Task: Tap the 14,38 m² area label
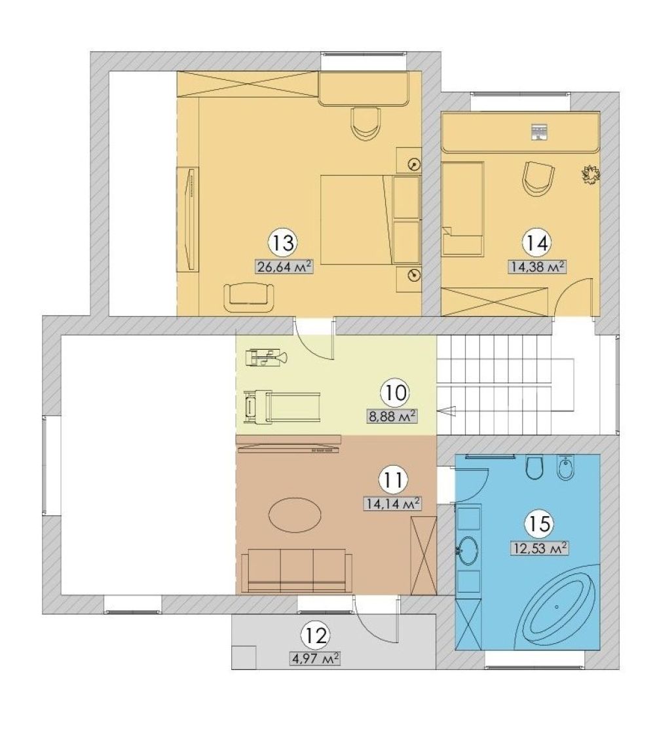(x=538, y=267)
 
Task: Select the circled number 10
(x=394, y=393)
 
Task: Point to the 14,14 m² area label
(x=392, y=504)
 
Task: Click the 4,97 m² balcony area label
(x=314, y=659)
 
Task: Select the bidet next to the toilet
(x=566, y=467)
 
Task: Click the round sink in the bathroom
(x=468, y=550)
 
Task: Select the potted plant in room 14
(x=591, y=174)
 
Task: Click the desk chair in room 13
(x=365, y=123)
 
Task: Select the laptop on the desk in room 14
(x=538, y=132)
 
